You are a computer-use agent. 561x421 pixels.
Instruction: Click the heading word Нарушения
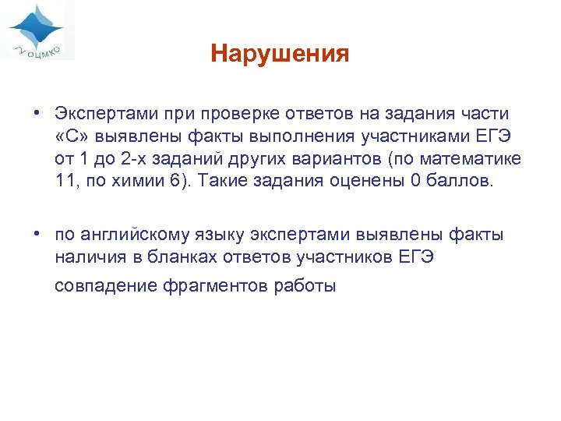[280, 54]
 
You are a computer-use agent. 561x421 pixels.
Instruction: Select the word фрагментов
[215, 286]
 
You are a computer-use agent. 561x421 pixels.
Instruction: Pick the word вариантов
[353, 159]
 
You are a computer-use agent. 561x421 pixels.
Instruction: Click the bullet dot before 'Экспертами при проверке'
[37, 114]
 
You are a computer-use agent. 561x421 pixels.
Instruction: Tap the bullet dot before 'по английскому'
[37, 235]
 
